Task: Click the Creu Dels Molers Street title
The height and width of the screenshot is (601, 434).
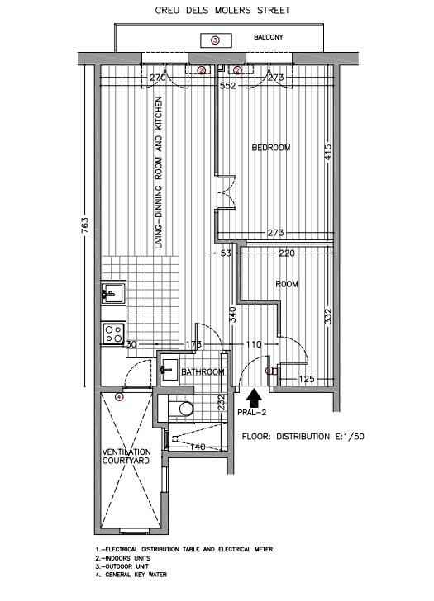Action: click(x=222, y=11)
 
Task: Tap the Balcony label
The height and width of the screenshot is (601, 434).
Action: click(x=268, y=37)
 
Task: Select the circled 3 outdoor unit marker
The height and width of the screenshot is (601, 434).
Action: click(x=215, y=40)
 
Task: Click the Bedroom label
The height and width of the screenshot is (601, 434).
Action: click(x=271, y=148)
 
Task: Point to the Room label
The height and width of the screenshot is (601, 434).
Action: click(x=287, y=284)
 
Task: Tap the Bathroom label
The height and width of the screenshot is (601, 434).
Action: click(x=203, y=371)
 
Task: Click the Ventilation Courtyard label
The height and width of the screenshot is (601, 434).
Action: click(x=126, y=456)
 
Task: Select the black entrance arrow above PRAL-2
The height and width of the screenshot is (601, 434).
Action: click(x=254, y=398)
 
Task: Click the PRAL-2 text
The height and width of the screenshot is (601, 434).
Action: click(x=252, y=413)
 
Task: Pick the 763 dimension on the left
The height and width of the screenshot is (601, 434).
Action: click(x=85, y=225)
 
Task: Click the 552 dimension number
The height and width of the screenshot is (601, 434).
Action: click(x=227, y=86)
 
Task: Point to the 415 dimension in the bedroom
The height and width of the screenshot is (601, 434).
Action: click(x=327, y=152)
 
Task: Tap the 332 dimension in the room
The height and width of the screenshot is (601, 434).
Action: click(x=328, y=316)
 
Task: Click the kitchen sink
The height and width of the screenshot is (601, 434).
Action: click(x=113, y=293)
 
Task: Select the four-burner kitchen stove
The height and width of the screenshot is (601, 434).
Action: click(x=113, y=334)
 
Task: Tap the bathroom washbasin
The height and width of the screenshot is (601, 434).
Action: click(x=169, y=370)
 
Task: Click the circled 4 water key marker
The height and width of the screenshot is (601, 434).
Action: click(x=119, y=397)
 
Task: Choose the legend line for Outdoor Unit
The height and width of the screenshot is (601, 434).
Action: click(x=122, y=566)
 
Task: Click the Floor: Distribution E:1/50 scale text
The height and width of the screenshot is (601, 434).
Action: click(x=303, y=437)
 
